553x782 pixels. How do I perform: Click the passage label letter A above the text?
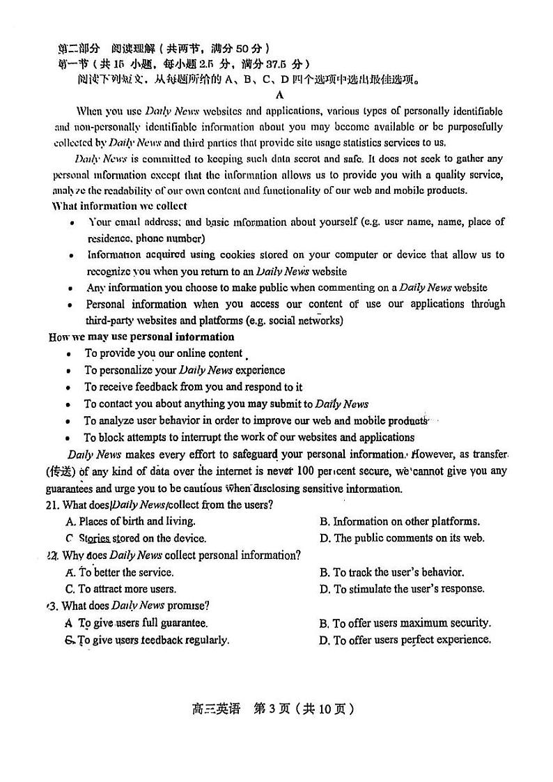point(279,95)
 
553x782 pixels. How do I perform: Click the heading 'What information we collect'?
point(120,206)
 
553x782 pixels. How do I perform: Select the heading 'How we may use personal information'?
point(141,337)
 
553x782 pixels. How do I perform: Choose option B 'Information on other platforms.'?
point(399,521)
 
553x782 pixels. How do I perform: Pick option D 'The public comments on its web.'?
point(402,538)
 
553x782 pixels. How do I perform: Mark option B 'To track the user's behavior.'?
point(391,572)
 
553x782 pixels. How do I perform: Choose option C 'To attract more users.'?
point(120,589)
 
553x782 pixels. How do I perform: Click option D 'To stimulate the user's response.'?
point(401,589)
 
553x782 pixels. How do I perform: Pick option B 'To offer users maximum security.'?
point(405,623)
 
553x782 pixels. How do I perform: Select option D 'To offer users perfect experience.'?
point(405,640)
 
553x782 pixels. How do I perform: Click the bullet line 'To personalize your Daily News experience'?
point(185,370)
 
